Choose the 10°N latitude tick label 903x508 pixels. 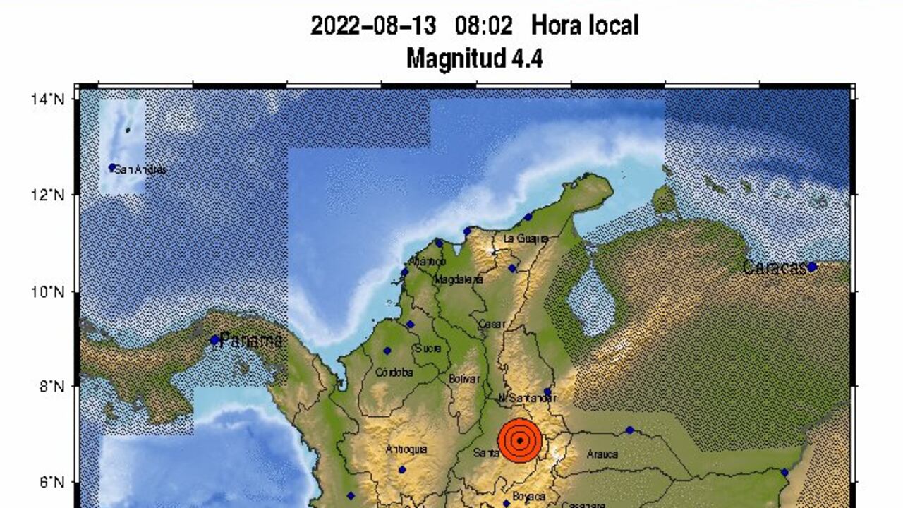(47, 291)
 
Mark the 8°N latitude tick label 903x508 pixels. (50, 387)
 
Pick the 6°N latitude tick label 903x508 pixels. (50, 483)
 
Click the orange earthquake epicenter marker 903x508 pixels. (519, 440)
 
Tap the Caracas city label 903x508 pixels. (774, 268)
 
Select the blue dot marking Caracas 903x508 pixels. (812, 267)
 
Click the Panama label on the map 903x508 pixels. (251, 341)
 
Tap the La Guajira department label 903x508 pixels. (526, 239)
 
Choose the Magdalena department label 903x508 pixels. (459, 279)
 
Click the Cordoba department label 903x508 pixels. (394, 373)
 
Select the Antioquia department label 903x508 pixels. (406, 449)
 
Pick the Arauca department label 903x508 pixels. (602, 454)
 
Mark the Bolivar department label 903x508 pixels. (464, 379)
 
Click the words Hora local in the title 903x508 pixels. (585, 26)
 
